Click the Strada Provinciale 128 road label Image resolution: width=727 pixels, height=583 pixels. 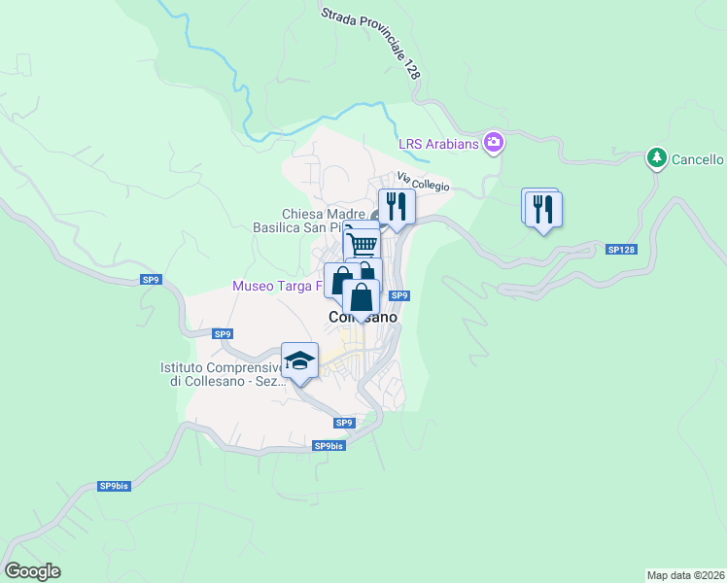(372, 42)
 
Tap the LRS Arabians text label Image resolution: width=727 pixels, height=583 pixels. (439, 145)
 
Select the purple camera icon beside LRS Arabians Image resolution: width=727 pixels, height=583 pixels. (494, 144)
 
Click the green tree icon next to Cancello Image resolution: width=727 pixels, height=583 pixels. (657, 158)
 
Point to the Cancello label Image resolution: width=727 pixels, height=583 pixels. (697, 159)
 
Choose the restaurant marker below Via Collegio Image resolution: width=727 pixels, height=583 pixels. (397, 207)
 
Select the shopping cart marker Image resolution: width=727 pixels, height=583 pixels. (363, 243)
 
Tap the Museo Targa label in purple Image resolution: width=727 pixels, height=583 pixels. (276, 286)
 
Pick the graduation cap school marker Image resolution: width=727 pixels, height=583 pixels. (300, 361)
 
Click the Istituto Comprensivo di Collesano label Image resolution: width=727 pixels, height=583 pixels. (222, 374)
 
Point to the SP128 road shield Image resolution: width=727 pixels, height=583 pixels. (621, 250)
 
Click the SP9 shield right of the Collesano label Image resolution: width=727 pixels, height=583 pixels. (398, 295)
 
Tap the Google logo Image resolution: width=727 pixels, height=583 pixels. (32, 571)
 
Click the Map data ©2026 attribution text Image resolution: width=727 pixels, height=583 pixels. (685, 574)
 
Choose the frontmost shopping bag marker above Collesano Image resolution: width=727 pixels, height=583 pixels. (361, 298)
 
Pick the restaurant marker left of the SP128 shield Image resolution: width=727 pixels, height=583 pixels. (543, 210)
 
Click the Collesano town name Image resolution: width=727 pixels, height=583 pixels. (363, 318)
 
